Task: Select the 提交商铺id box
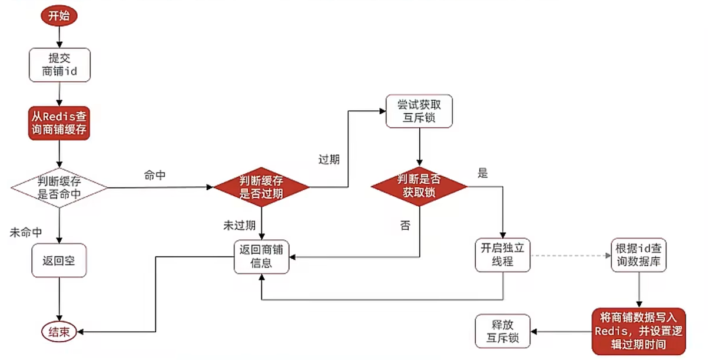click(59, 65)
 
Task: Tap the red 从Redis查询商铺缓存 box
click(59, 123)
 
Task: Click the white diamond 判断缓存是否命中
click(59, 188)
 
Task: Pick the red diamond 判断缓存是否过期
click(261, 188)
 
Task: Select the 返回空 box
click(59, 260)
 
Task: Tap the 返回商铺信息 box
click(261, 257)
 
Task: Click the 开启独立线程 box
click(502, 255)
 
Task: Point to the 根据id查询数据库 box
click(639, 255)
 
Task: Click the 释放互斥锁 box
click(502, 331)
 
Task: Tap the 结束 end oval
click(59, 332)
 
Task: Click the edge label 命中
click(155, 176)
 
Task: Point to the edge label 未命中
click(25, 233)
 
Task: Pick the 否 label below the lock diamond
click(405, 226)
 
